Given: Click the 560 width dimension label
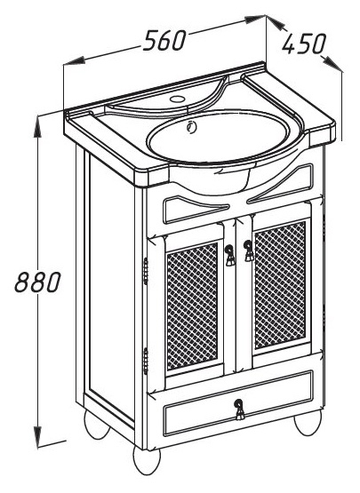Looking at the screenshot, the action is (x=164, y=41).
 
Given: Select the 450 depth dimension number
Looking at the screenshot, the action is (x=303, y=44).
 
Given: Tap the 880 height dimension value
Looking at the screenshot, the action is (x=37, y=282).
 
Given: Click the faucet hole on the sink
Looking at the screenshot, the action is (x=177, y=99).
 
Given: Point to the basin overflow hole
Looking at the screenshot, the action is (x=191, y=126).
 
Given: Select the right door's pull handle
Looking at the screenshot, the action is (x=249, y=250).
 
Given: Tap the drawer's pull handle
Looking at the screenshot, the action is (x=240, y=409).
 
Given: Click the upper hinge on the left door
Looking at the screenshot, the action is (x=146, y=271).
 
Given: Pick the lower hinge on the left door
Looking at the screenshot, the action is (x=146, y=361).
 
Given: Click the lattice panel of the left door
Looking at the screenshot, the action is (x=192, y=306).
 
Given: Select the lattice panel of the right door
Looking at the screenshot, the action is (x=280, y=285).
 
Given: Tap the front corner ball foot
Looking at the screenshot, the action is (x=147, y=460).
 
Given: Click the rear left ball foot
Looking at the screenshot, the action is (x=97, y=425).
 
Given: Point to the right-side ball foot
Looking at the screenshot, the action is (x=308, y=422).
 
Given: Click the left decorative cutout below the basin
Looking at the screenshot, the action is (x=195, y=209).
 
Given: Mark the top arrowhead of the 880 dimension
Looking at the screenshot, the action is (x=37, y=127).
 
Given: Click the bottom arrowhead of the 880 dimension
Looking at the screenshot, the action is (x=37, y=437).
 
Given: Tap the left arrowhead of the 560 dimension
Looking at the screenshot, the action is (x=75, y=61).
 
